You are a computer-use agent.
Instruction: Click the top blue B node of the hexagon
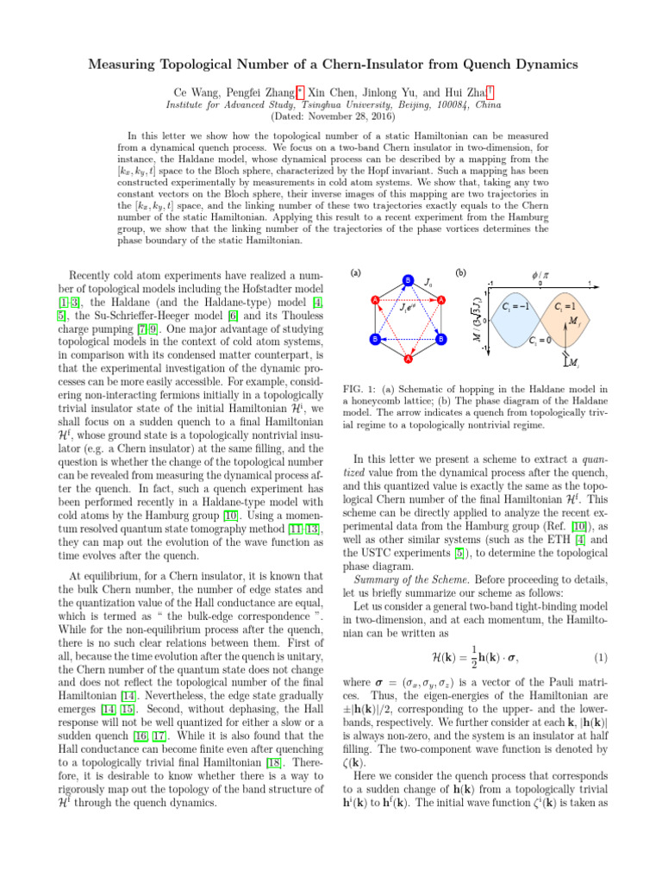[x=408, y=279]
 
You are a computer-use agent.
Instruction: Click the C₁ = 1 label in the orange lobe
[x=565, y=306]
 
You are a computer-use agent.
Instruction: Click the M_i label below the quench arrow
[x=574, y=365]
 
